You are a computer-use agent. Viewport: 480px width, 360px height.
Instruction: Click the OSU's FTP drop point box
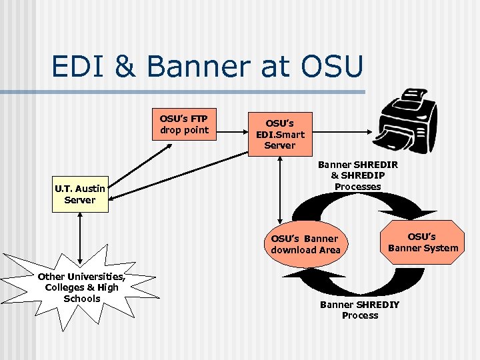(x=184, y=124)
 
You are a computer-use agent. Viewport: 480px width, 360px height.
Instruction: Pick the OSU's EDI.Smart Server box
(x=280, y=134)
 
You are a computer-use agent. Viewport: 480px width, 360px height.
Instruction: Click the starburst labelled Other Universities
(x=81, y=287)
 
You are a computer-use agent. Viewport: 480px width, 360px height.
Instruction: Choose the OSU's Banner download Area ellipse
(x=305, y=244)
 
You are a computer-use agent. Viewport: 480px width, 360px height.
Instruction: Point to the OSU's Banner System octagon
(x=423, y=242)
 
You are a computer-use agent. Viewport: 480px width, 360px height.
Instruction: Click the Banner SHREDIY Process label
(x=359, y=310)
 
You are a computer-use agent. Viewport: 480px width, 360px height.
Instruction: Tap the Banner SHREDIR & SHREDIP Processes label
(x=357, y=175)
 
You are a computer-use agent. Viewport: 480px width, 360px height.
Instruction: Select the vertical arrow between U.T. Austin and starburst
(x=79, y=237)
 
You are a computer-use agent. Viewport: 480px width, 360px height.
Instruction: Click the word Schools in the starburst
(x=81, y=299)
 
